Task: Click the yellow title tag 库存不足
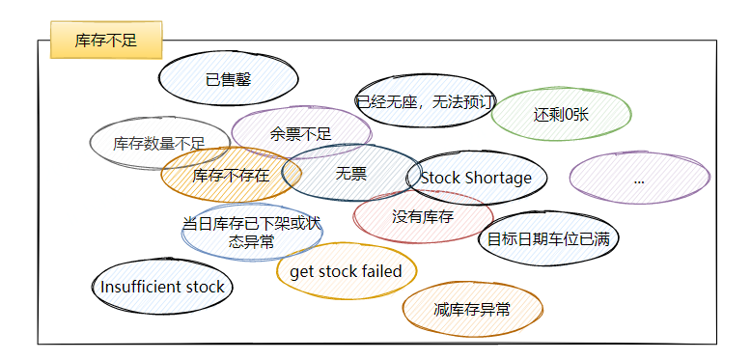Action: click(106, 41)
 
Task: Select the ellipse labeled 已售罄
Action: click(228, 80)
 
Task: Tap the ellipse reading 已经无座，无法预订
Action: click(425, 101)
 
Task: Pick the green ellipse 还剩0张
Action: click(561, 114)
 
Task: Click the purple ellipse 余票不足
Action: click(301, 133)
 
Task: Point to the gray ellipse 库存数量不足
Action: click(159, 144)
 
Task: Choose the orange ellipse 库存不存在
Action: click(231, 175)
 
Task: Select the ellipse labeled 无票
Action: click(351, 174)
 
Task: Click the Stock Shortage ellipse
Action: click(476, 178)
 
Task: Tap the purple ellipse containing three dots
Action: click(639, 179)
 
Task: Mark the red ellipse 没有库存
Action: click(423, 217)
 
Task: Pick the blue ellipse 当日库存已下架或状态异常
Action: click(251, 233)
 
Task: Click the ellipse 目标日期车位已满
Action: click(547, 238)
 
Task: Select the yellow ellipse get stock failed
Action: click(346, 271)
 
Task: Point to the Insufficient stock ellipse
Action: click(162, 287)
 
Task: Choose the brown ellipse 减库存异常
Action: click(472, 309)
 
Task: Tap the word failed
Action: click(381, 271)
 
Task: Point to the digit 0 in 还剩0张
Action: click(570, 114)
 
